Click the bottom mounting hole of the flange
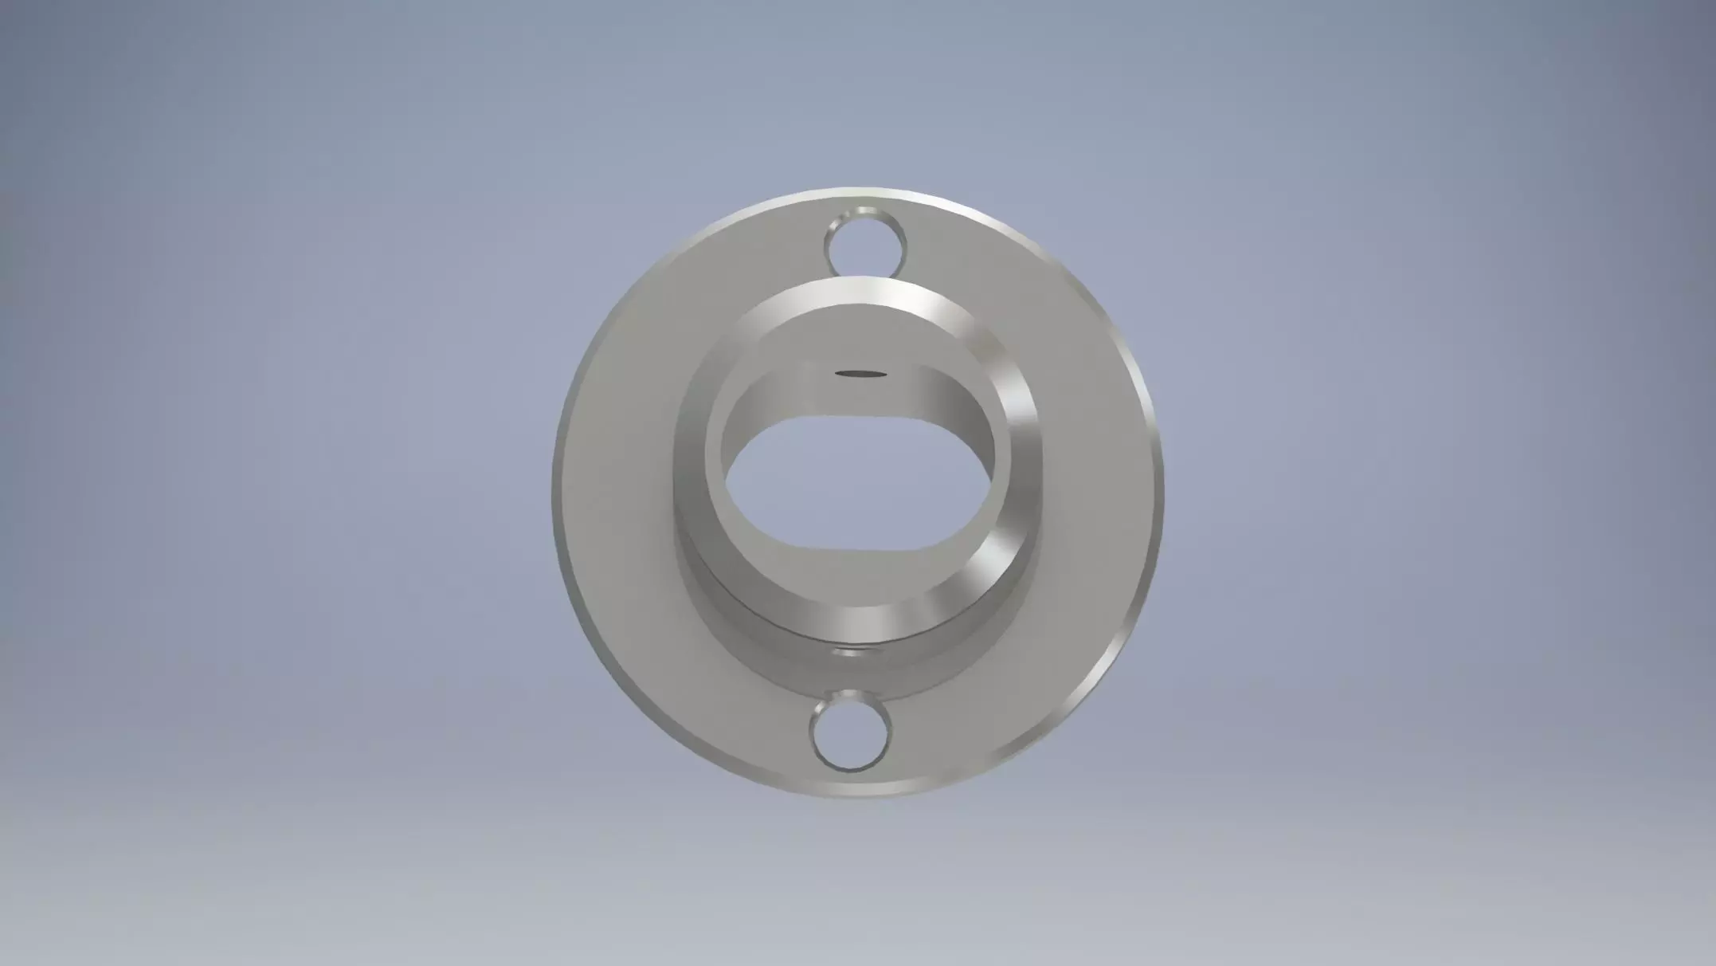849,732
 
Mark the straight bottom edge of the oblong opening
860,547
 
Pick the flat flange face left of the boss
617,486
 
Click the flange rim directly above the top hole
867,194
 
